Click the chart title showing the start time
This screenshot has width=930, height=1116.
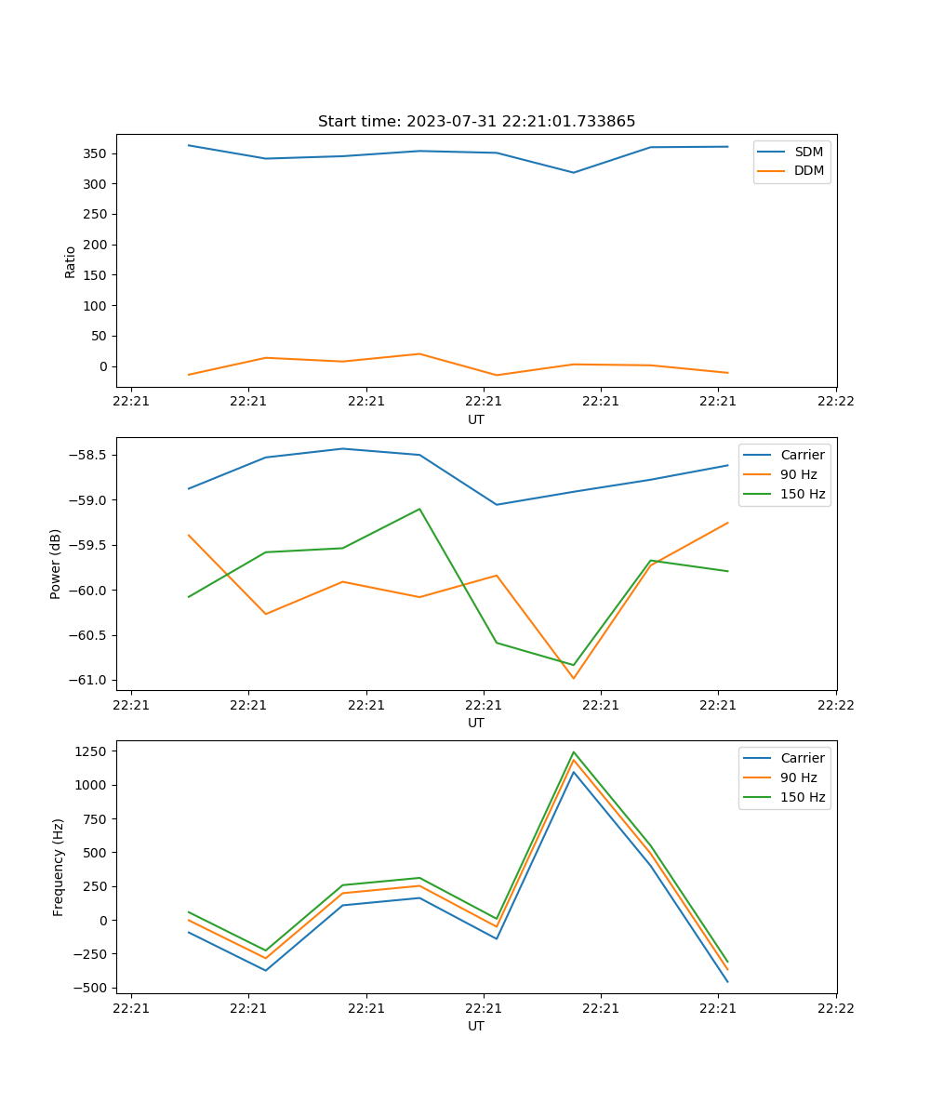(476, 122)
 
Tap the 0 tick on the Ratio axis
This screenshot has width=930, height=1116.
(104, 366)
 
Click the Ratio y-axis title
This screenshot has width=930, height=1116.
(70, 261)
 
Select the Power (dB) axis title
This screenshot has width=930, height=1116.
(56, 564)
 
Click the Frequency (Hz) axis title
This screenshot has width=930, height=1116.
(58, 867)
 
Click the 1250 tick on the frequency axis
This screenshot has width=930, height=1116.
(92, 751)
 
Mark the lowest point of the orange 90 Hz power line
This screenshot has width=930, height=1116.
(573, 678)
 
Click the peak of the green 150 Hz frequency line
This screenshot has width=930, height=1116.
(573, 751)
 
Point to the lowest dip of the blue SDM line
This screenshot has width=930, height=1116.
(573, 172)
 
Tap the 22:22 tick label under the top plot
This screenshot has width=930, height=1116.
(835, 402)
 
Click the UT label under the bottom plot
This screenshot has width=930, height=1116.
(476, 1026)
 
